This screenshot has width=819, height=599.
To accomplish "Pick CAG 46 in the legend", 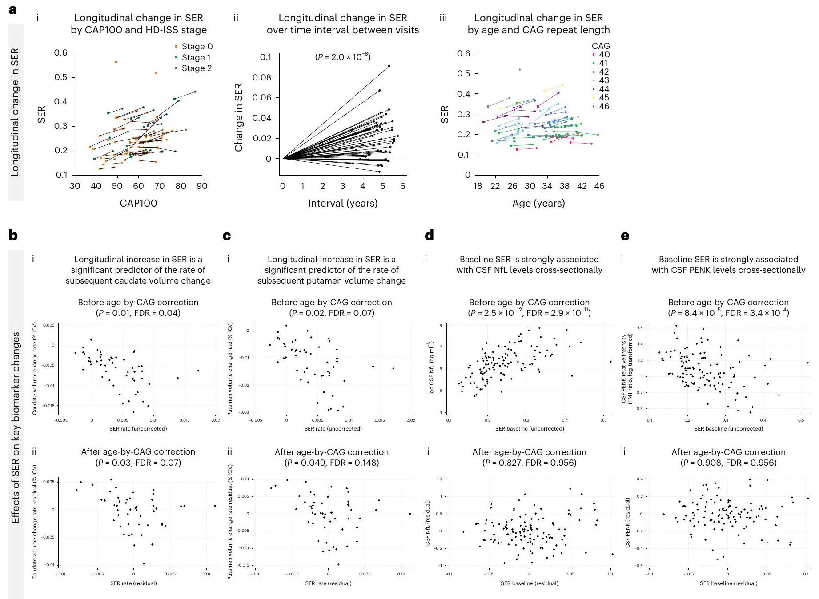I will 601,107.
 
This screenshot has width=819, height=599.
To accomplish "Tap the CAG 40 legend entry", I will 601,55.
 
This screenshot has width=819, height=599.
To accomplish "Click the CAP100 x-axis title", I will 138,204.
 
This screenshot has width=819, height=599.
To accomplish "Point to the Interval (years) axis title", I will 343,204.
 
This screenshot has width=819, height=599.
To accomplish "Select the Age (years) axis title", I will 538,204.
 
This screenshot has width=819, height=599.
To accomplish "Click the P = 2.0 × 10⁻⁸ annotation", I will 343,57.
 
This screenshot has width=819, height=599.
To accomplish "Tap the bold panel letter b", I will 13,235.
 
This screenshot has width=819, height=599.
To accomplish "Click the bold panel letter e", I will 625,235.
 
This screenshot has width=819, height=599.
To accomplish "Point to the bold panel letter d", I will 429,235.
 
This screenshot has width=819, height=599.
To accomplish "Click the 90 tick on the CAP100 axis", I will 202,186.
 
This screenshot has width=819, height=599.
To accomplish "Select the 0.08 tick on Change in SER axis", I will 262,77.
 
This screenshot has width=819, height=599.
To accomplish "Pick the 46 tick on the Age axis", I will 599,186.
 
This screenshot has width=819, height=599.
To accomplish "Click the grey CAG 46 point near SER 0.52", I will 520,70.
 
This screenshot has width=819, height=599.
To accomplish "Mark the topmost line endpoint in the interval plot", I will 389,66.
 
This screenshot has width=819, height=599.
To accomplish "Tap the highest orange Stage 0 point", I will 116,62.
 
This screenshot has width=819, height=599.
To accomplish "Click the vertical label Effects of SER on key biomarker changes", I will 16,427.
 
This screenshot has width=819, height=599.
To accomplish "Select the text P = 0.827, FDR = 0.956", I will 529,463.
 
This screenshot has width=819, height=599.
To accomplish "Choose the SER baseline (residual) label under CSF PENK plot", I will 728,583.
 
